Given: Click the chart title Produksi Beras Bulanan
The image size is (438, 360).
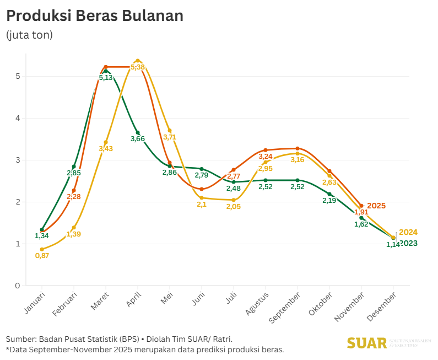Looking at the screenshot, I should tap(94, 16).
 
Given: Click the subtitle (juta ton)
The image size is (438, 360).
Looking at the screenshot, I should tap(29, 35).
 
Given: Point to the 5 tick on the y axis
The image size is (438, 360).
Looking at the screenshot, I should tap(18, 76).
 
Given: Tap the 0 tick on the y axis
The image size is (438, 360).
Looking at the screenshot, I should tap(18, 286).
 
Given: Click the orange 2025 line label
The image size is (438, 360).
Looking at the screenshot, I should tap(376, 206).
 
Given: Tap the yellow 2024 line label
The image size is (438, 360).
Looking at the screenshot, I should tap(408, 232).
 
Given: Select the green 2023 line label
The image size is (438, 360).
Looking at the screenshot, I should tap(408, 243).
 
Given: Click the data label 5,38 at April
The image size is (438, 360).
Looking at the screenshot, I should tap(138, 67).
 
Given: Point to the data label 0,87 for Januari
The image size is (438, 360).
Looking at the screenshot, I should tap(42, 256).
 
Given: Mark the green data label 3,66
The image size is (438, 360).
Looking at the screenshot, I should tap(138, 139).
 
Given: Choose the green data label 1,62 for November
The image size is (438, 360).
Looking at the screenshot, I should tap(361, 224).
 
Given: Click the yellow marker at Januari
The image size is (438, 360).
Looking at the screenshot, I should tap(42, 249).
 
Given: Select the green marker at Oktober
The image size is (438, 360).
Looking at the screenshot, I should tap(329, 194).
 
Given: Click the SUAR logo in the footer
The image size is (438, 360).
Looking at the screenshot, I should tap(367, 343).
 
